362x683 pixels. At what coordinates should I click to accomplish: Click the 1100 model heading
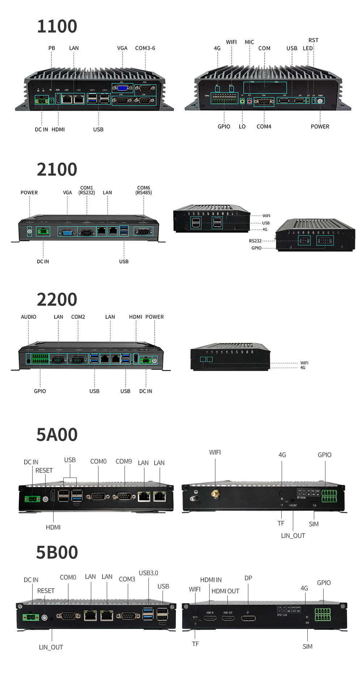coord(57,26)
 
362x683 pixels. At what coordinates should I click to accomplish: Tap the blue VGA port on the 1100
coord(122,88)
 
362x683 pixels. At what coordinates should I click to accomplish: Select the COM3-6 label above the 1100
coord(145,48)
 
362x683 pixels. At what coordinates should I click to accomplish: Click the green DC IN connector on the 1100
coord(42,100)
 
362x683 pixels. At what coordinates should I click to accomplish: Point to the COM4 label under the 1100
coord(264,126)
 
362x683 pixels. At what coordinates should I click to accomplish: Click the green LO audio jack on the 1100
coord(242,101)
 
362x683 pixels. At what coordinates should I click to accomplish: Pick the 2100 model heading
coord(57,170)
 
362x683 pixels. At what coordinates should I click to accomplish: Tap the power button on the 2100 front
coord(29,231)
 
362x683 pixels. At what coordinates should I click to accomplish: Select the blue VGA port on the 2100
coord(67,232)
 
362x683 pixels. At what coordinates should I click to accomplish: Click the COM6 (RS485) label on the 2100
coord(144,190)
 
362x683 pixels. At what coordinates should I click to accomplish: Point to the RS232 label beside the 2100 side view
coord(255,241)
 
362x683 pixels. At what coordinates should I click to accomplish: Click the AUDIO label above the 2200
coord(29,317)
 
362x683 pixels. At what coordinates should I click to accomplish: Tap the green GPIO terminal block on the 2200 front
coord(40,359)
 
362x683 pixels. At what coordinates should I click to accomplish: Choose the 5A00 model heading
coord(57,434)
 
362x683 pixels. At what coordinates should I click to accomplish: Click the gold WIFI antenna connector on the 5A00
coord(215,493)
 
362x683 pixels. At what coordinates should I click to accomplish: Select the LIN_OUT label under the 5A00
coord(293,536)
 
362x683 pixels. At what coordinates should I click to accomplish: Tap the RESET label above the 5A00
coord(44,470)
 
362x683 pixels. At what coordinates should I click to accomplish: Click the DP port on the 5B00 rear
coord(248,618)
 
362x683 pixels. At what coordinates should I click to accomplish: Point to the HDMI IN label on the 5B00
coord(211,580)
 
